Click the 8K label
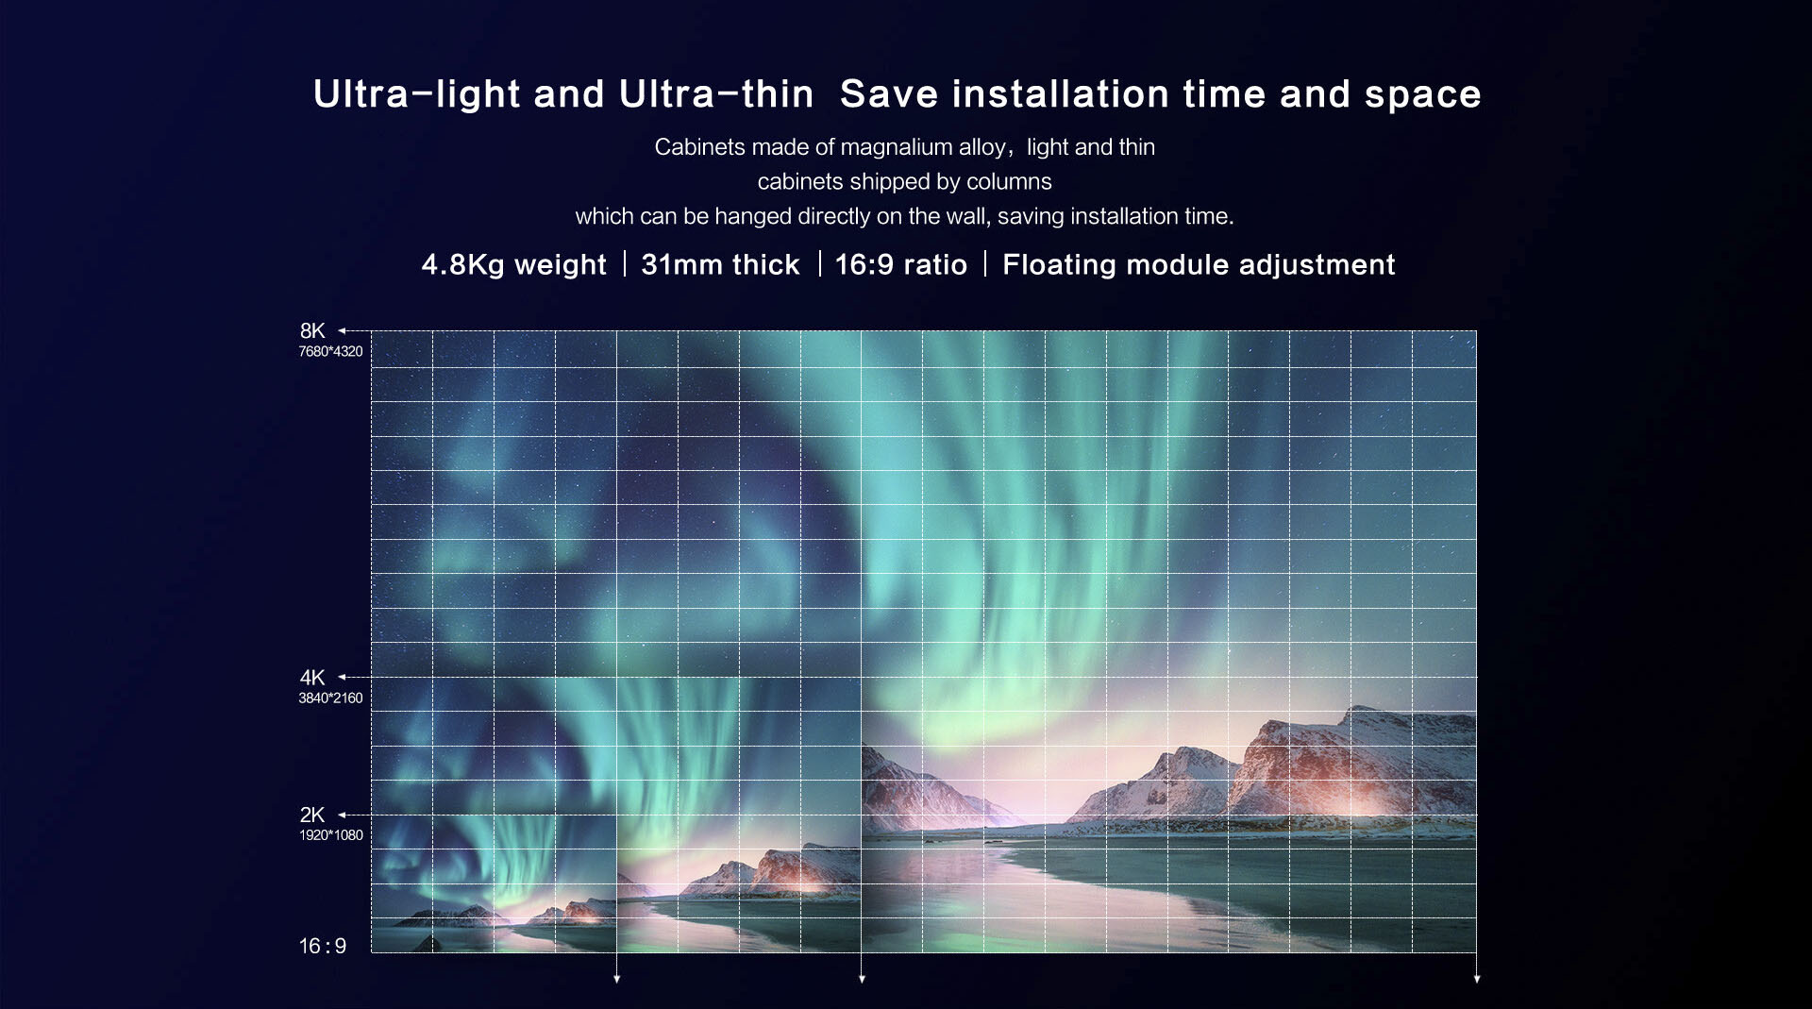(x=312, y=331)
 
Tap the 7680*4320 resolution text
(x=330, y=352)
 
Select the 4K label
(x=312, y=678)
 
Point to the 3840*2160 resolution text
(x=330, y=698)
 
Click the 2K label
(x=312, y=815)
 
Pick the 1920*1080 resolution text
(x=331, y=835)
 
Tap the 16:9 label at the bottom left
(x=323, y=946)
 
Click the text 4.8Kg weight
(x=513, y=265)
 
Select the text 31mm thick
(x=720, y=265)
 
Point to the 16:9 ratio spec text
(x=901, y=265)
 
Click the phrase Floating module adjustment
(x=1199, y=265)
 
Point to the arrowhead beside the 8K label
(x=343, y=330)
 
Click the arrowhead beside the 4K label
(x=343, y=677)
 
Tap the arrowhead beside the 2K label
(x=343, y=815)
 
